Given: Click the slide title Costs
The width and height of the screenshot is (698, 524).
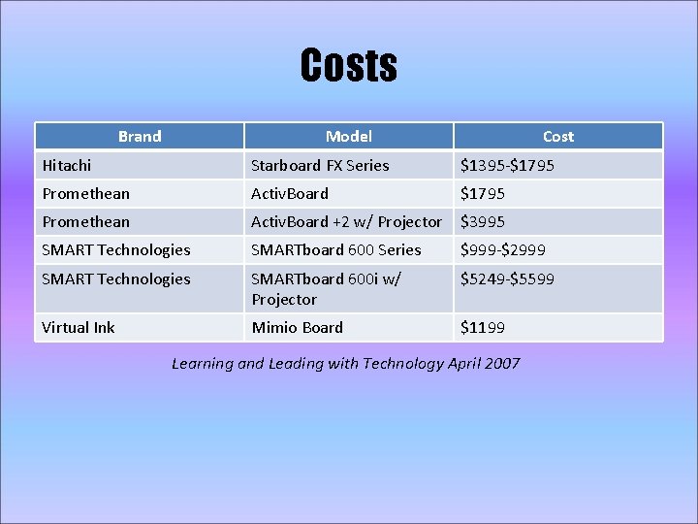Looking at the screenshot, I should [x=349, y=65].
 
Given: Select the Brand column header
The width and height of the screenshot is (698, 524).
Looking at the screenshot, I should [x=140, y=137].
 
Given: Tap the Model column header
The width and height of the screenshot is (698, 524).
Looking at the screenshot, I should [x=348, y=137].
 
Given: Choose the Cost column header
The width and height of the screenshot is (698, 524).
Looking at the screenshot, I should [x=557, y=137].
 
